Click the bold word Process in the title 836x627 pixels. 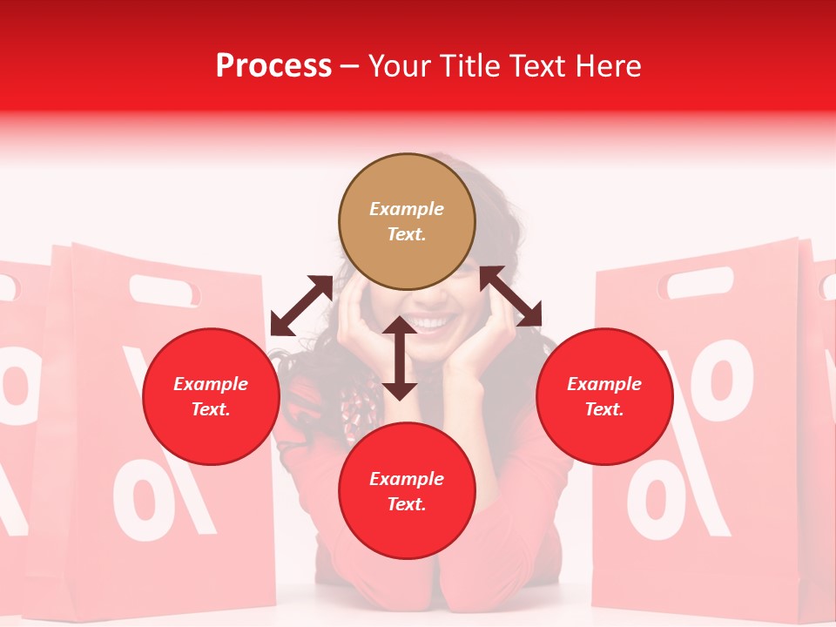273,65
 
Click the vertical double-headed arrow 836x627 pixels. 400,358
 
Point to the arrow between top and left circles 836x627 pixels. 301,306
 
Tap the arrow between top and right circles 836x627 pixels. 510,296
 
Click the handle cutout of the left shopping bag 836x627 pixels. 165,291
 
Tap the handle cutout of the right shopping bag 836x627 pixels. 699,281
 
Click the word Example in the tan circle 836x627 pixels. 407,209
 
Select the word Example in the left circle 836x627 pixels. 211,384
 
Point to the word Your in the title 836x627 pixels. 400,65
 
